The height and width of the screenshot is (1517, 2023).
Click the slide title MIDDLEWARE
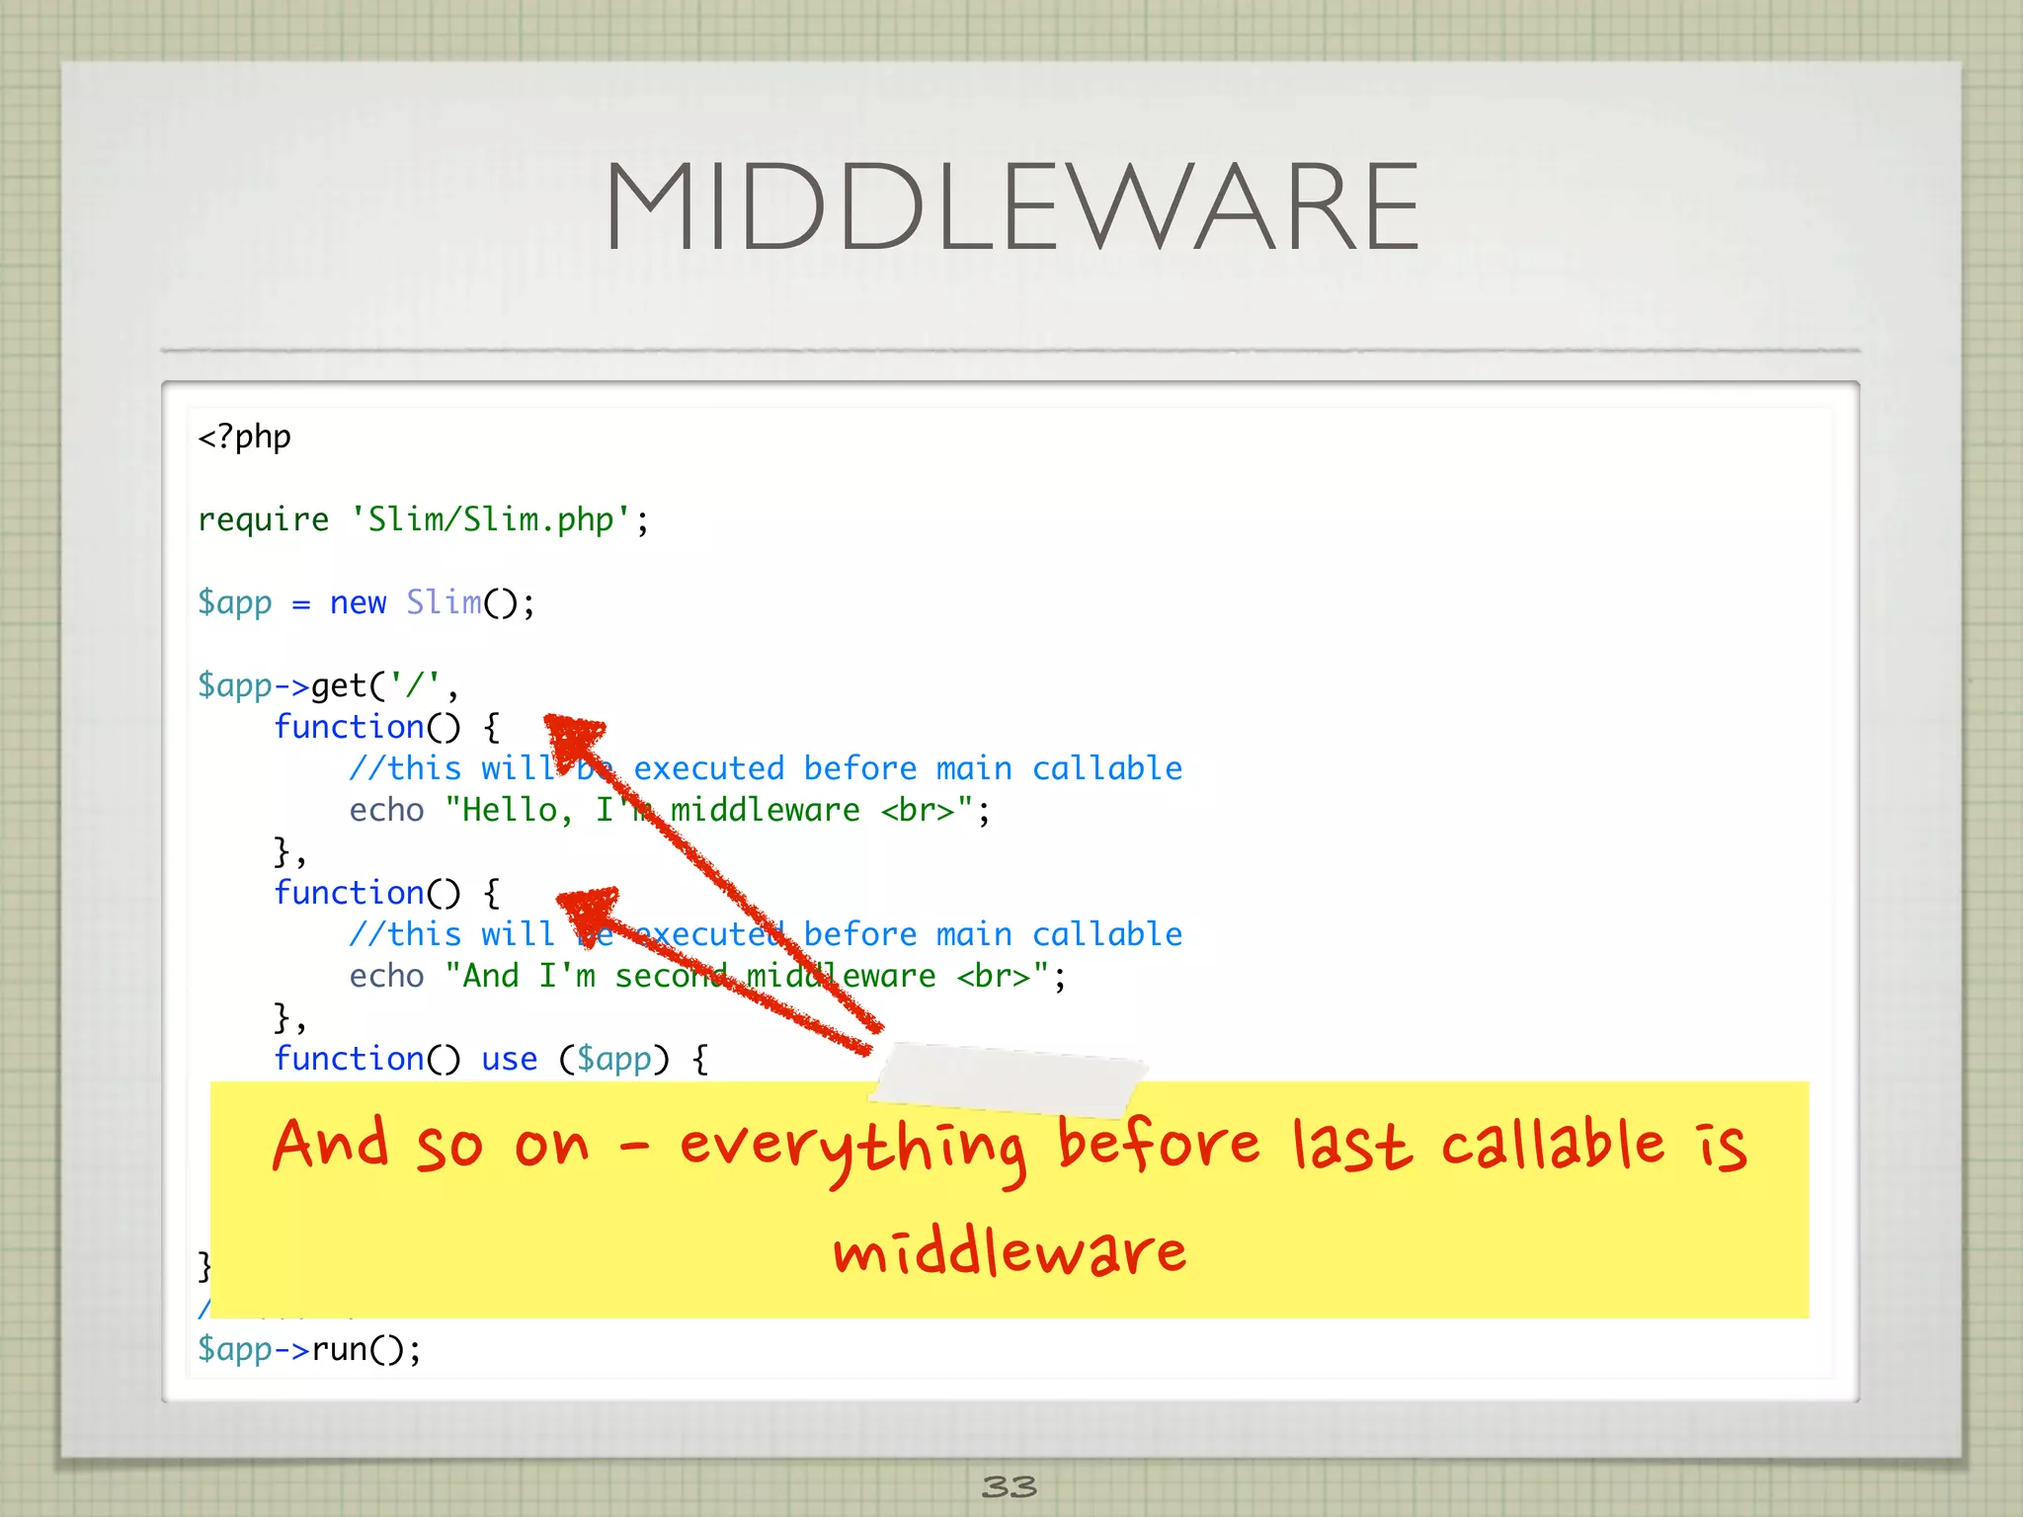point(1011,207)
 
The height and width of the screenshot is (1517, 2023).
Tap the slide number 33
point(1010,1485)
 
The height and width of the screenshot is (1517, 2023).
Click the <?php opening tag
point(244,437)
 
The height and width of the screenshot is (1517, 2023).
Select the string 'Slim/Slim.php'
point(491,519)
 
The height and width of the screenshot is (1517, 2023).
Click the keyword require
point(263,519)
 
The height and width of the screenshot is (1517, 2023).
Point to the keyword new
point(358,602)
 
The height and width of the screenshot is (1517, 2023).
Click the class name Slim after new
point(444,602)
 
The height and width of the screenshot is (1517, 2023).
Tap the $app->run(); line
point(309,1349)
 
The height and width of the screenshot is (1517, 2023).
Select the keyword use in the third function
point(509,1059)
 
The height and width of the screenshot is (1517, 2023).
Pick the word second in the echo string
point(672,976)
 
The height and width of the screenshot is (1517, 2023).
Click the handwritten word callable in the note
point(1553,1146)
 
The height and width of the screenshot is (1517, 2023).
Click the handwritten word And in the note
point(330,1146)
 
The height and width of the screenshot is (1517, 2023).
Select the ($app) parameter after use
point(614,1059)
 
